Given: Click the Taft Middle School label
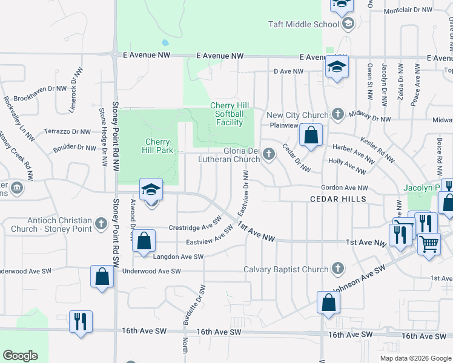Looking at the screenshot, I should pos(303,25).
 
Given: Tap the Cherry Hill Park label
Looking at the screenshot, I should pos(157,146).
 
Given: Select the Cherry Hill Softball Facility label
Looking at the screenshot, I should pos(226,114).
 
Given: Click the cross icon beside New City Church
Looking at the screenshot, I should pos(338,114).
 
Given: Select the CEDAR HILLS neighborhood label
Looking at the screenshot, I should pos(338,199).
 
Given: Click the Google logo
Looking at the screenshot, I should pos(20,356).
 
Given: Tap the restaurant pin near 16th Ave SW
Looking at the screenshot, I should pos(81,321).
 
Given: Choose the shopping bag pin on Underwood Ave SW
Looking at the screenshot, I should pos(101,277).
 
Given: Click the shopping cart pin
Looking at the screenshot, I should pos(429,245).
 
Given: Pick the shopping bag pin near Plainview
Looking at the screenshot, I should pos(311,136).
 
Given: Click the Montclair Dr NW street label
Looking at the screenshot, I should pos(408,10).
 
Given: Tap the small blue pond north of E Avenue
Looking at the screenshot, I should pos(165,43).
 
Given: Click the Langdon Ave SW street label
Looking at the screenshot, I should pos(178,257).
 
